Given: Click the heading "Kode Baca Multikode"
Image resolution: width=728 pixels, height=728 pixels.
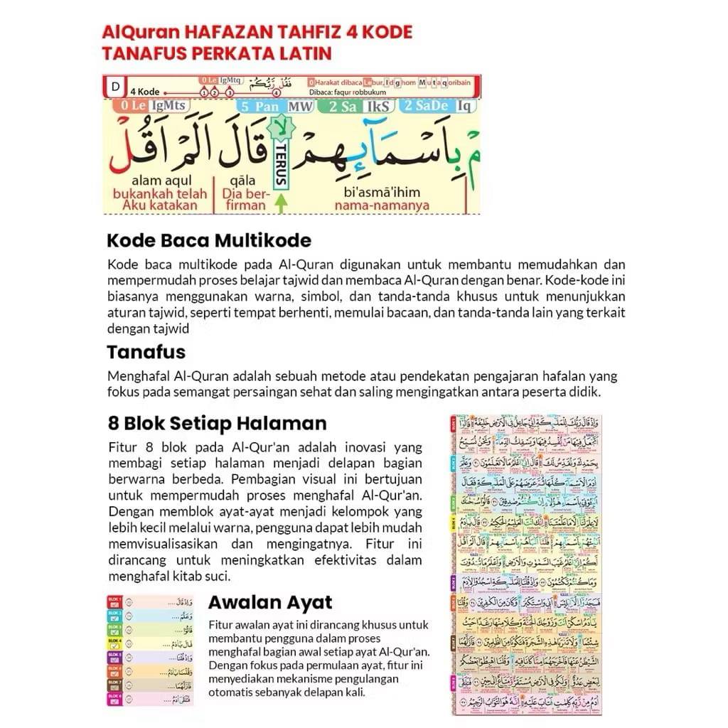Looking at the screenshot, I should (208, 240).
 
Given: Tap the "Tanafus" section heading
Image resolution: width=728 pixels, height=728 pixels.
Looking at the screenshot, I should (146, 352).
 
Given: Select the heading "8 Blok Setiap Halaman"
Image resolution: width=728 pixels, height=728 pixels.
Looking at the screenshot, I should (217, 423).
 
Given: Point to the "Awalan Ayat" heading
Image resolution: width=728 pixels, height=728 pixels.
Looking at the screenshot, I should (270, 603).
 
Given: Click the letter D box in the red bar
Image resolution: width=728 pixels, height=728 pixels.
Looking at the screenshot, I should (115, 87).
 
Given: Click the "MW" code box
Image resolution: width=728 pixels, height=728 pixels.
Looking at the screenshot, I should (301, 107).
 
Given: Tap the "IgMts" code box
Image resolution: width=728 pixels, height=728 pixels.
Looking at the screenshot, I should (168, 107).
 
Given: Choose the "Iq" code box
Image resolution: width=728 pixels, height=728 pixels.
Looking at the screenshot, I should (464, 107).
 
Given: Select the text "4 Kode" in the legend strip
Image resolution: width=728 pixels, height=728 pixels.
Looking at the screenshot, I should (145, 92).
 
